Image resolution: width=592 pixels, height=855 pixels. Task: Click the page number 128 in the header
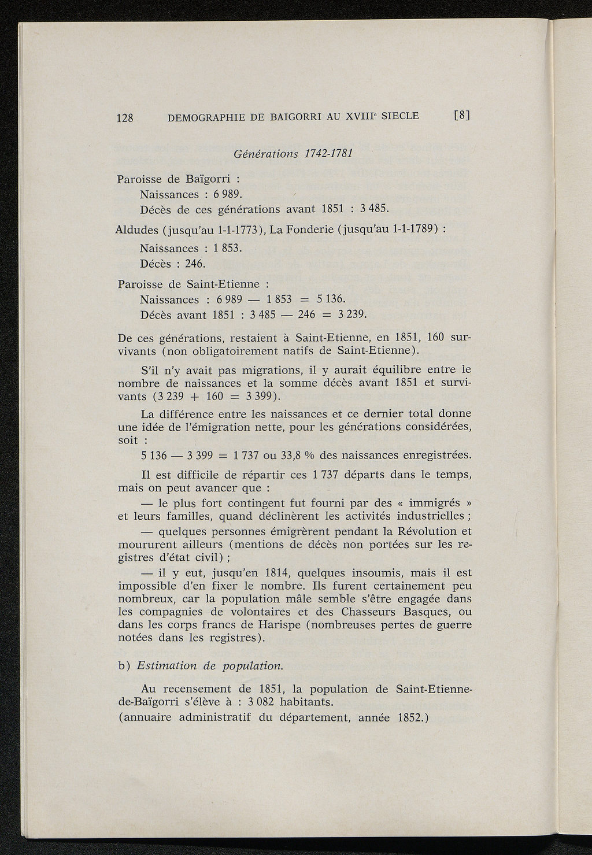coord(125,118)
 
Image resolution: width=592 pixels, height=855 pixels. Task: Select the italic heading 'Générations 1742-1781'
coord(293,154)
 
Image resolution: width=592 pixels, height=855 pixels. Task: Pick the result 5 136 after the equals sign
coord(330,299)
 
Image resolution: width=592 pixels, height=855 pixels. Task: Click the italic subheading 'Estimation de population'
coord(209,665)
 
